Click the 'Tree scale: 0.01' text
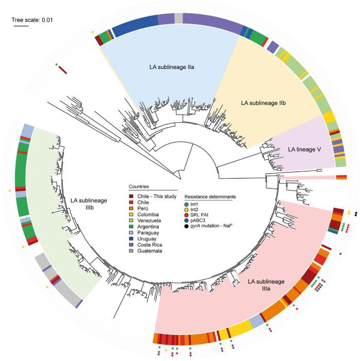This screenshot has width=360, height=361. click(33, 20)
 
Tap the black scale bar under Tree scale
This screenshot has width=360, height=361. click(21, 28)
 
